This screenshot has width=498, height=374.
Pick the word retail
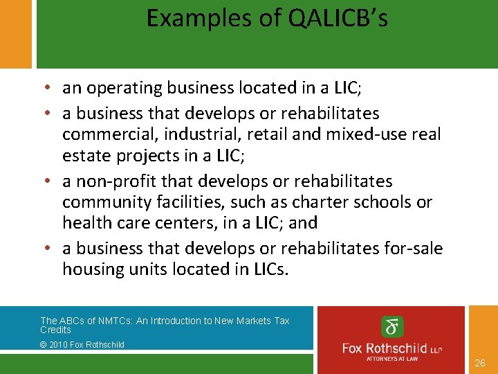[x=266, y=134]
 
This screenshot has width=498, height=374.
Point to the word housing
[x=90, y=269]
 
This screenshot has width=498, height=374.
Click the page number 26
[x=480, y=363]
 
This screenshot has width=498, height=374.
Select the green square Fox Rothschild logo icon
[x=393, y=326]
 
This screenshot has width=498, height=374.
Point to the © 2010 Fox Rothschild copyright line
[x=82, y=344]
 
